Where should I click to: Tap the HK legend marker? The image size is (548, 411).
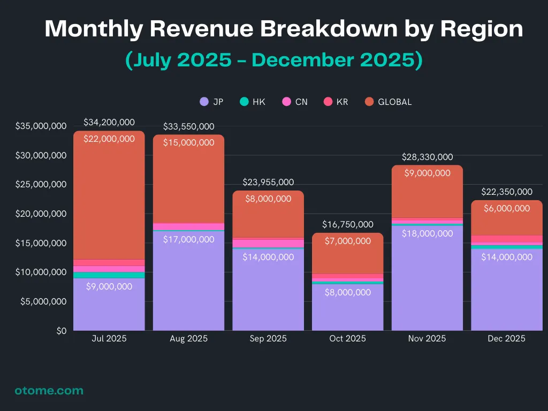pos(244,102)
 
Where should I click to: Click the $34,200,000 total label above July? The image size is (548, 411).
pos(109,123)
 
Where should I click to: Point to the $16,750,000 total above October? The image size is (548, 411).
pos(348,225)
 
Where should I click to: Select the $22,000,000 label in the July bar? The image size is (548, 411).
pos(109,139)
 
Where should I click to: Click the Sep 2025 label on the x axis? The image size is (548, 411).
pos(268,339)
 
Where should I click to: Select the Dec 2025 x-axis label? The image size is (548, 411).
pos(506,339)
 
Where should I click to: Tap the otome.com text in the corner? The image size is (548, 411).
pos(49,391)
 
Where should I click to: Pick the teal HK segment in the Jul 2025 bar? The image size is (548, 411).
pos(109,275)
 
